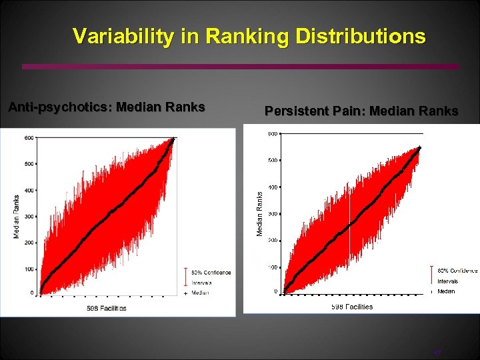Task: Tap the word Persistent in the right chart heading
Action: [297, 111]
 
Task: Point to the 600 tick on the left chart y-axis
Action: [29, 138]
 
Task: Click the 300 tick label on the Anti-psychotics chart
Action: [29, 217]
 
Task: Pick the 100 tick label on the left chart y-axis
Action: [29, 269]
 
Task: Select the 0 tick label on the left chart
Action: [32, 293]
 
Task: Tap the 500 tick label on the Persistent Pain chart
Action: [273, 161]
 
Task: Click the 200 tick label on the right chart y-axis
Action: [273, 241]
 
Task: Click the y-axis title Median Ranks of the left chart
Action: [17, 216]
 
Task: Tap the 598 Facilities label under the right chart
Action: [351, 307]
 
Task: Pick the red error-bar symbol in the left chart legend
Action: [185, 276]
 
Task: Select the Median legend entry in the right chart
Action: [446, 291]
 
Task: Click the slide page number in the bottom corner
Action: [437, 352]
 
